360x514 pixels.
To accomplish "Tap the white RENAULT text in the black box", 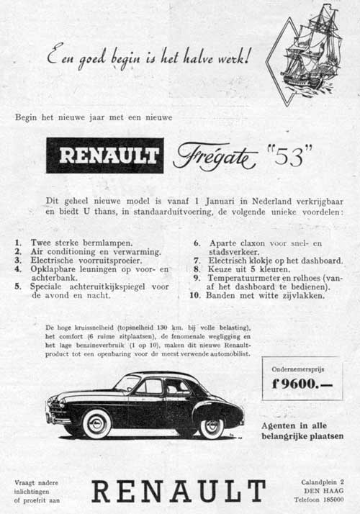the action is (105, 155).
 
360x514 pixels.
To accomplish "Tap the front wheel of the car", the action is (96, 423).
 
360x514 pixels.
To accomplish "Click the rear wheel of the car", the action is (211, 426).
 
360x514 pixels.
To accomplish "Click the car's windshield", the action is (127, 383).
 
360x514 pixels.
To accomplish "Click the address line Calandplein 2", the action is (323, 480).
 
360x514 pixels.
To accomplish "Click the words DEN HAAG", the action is (323, 490).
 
